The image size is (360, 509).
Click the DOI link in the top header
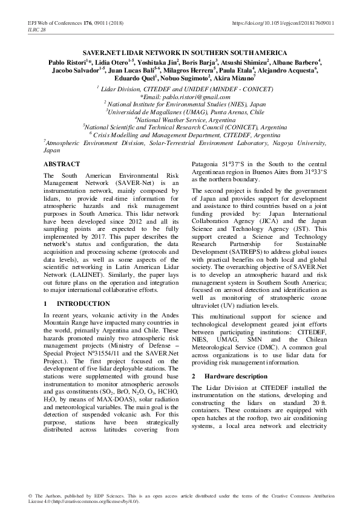click(x=283, y=23)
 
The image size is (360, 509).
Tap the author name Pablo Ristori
click(x=67, y=62)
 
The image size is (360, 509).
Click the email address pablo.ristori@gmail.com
click(x=185, y=96)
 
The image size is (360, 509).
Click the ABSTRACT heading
click(x=62, y=164)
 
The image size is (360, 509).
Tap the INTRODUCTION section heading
click(x=79, y=303)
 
